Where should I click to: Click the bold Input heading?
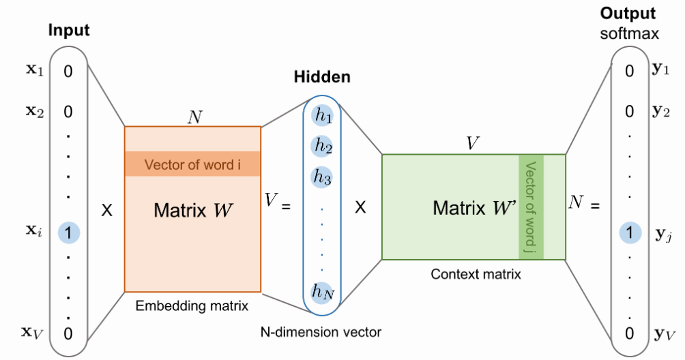pyautogui.click(x=69, y=30)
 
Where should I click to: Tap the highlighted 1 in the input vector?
pyautogui.click(x=69, y=232)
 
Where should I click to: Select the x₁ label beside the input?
pyautogui.click(x=35, y=70)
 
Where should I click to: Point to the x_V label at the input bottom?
pyautogui.click(x=32, y=333)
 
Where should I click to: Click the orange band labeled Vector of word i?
pyautogui.click(x=192, y=164)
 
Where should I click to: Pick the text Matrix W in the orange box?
pyautogui.click(x=193, y=210)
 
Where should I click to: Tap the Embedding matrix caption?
pyautogui.click(x=192, y=305)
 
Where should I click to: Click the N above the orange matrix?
pyautogui.click(x=195, y=117)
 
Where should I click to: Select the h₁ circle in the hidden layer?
pyautogui.click(x=323, y=115)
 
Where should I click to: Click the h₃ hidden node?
pyautogui.click(x=322, y=177)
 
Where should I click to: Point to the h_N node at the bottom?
pyautogui.click(x=322, y=292)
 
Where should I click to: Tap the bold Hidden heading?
pyautogui.click(x=322, y=77)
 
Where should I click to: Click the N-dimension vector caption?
pyautogui.click(x=321, y=332)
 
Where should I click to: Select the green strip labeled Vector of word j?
pyautogui.click(x=531, y=207)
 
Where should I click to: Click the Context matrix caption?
pyautogui.click(x=476, y=274)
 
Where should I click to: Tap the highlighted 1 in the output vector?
pyautogui.click(x=630, y=232)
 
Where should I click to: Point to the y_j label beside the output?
pyautogui.click(x=663, y=235)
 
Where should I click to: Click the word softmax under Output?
pyautogui.click(x=629, y=33)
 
